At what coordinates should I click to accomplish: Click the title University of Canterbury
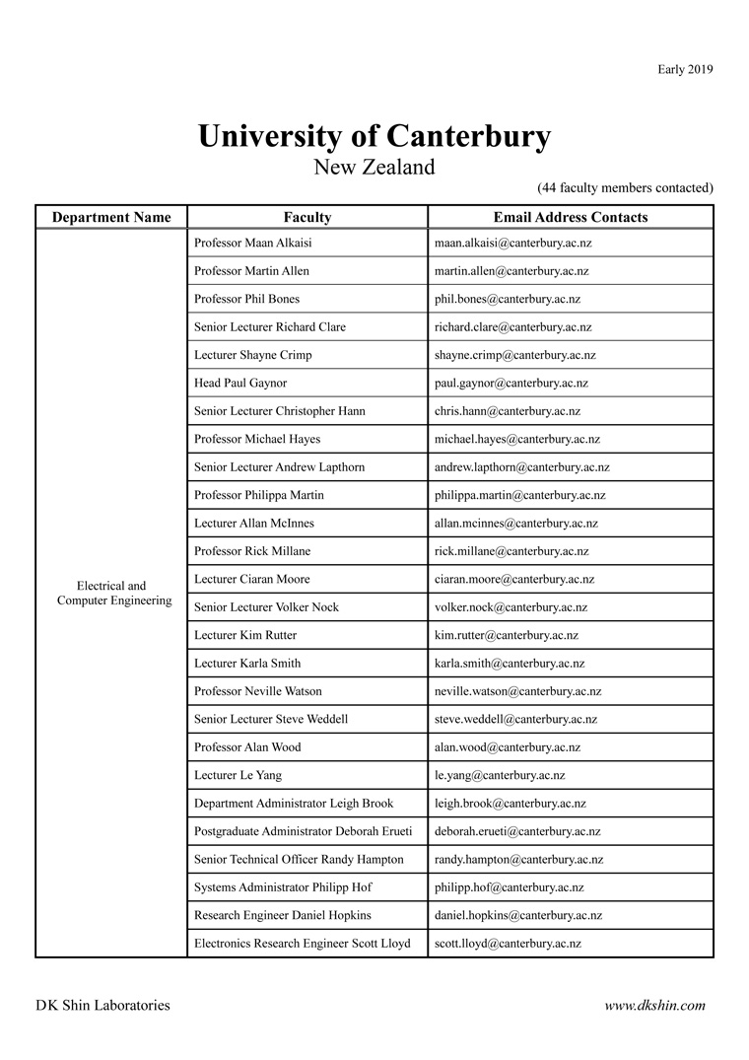374,136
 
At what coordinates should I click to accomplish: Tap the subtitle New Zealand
374,167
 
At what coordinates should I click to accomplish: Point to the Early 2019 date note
685,69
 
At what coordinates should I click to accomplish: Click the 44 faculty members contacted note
625,187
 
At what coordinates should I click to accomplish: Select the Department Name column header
111,217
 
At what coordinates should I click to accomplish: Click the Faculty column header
307,217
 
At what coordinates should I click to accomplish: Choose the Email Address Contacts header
571,217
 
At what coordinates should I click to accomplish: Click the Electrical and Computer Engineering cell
111,593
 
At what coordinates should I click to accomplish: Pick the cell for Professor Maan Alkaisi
253,243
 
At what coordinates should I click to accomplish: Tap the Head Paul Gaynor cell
240,383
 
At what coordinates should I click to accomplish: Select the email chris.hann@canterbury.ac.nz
508,411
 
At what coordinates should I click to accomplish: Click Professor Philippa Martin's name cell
259,495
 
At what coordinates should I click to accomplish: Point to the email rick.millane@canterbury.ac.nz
511,551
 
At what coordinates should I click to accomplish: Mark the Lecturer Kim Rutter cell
245,635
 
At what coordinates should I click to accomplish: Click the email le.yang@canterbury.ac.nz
500,775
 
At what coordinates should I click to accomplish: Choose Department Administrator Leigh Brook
294,804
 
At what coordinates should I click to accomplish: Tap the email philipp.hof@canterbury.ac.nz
510,887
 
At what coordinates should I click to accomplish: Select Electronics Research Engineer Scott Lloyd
303,944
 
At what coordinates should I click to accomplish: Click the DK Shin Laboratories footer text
102,1006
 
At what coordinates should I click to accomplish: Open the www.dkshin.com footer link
654,1006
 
